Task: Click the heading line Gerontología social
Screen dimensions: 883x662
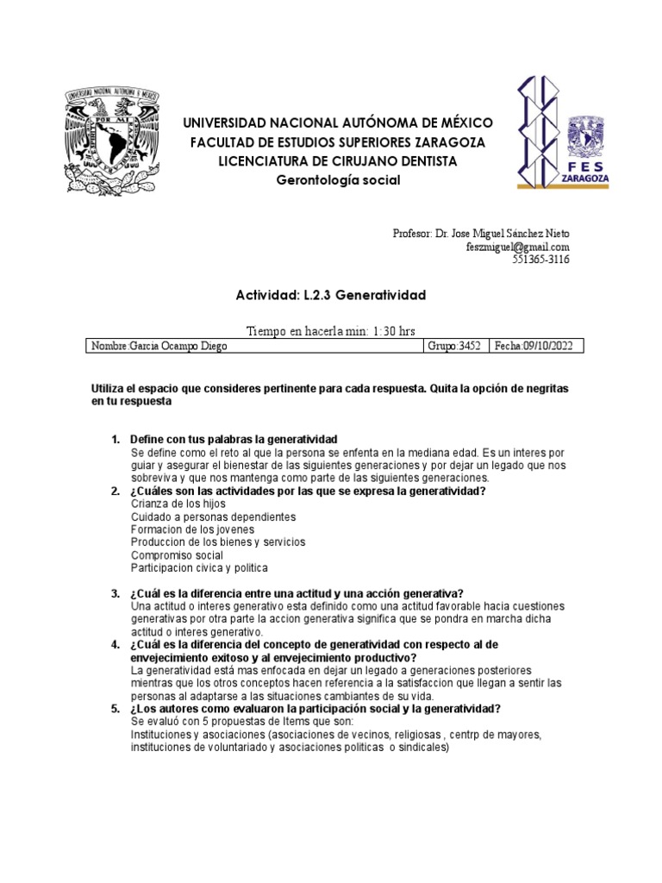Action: pos(338,179)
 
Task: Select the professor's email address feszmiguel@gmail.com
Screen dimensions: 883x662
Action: pos(519,247)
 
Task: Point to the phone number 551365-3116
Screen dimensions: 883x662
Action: pos(541,260)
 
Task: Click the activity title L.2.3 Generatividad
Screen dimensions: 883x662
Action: pos(331,295)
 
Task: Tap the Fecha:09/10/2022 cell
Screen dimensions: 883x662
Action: pos(535,346)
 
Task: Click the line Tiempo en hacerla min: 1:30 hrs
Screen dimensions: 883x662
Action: pos(332,330)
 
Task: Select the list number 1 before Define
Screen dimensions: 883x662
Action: pos(116,440)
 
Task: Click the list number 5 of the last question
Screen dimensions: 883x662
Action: pos(115,709)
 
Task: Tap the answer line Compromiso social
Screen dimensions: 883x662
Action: pos(177,555)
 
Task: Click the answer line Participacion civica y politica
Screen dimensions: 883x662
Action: pos(199,568)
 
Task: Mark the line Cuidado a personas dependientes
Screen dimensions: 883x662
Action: pos(213,517)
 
